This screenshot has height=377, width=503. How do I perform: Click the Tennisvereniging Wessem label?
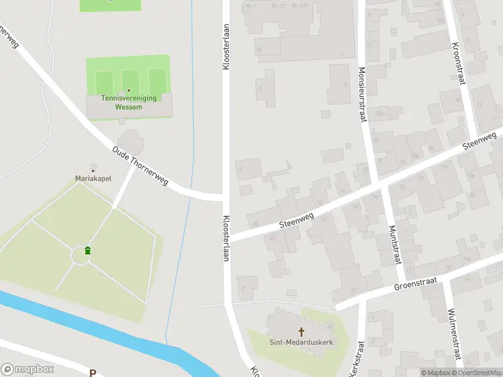pyautogui.click(x=128, y=102)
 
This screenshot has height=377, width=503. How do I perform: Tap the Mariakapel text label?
pyautogui.click(x=93, y=178)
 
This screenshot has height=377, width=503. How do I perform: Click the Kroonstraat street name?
pyautogui.click(x=456, y=63)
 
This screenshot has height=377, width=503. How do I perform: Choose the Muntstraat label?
pyautogui.click(x=395, y=246)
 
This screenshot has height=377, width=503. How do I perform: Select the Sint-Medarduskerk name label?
pyautogui.click(x=301, y=342)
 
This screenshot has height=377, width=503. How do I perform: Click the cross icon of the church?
pyautogui.click(x=301, y=331)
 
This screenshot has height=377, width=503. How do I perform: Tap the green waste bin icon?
pyautogui.click(x=87, y=251)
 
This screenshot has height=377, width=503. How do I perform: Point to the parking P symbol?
pyautogui.click(x=92, y=373)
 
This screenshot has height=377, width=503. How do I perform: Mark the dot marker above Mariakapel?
pyautogui.click(x=93, y=170)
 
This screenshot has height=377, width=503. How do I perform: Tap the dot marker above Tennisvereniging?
pyautogui.click(x=129, y=90)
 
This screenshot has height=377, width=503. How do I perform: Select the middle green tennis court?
pyautogui.click(x=130, y=80)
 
